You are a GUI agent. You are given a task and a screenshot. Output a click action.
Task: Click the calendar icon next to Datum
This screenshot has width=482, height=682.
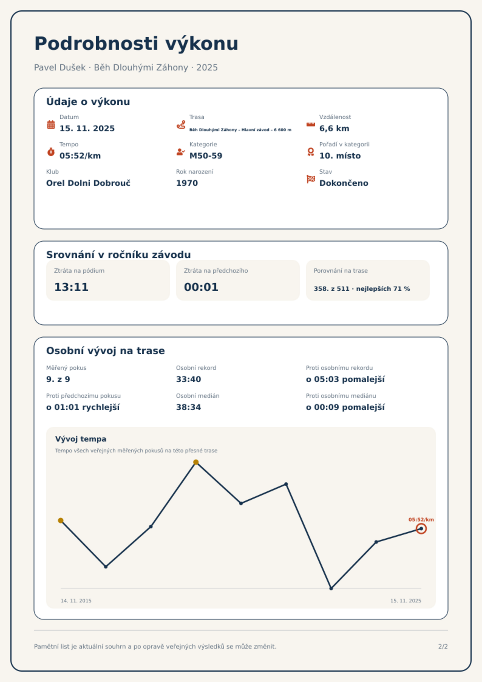pyautogui.click(x=51, y=124)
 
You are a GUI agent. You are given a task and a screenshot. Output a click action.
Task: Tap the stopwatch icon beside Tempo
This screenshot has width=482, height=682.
pyautogui.click(x=51, y=152)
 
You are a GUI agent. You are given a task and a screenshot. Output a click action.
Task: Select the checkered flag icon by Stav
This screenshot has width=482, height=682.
pyautogui.click(x=311, y=179)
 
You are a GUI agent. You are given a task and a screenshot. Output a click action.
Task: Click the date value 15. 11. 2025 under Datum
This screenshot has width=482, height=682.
pyautogui.click(x=87, y=128)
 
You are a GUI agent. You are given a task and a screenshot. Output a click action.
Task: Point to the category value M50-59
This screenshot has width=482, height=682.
pyautogui.click(x=206, y=156)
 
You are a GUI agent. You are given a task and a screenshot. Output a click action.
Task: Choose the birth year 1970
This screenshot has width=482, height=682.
pyautogui.click(x=187, y=183)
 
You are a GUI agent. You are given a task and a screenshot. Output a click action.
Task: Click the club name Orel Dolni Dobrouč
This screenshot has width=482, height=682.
pyautogui.click(x=88, y=183)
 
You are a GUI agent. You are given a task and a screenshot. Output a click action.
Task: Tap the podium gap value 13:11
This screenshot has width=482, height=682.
pyautogui.click(x=71, y=287)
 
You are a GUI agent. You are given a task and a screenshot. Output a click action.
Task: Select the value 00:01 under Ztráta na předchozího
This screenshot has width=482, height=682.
pyautogui.click(x=201, y=287)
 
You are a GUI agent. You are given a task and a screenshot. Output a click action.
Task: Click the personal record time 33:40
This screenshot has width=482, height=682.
pyautogui.click(x=188, y=379)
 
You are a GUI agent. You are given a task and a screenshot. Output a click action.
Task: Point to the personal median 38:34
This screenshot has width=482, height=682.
pyautogui.click(x=188, y=407)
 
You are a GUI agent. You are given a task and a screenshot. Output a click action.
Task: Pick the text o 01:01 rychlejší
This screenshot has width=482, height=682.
pyautogui.click(x=83, y=407)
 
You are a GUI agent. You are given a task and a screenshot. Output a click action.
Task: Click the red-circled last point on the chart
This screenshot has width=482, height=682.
pyautogui.click(x=421, y=529)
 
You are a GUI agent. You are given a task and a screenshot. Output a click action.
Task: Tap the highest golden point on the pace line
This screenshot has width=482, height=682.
pyautogui.click(x=196, y=462)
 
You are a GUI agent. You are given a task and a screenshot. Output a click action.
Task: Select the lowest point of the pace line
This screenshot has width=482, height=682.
pyautogui.click(x=331, y=588)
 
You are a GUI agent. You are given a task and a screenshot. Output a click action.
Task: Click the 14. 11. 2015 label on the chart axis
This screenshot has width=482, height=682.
pyautogui.click(x=76, y=601)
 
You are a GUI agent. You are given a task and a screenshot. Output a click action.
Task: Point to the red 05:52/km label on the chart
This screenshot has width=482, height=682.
pyautogui.click(x=421, y=520)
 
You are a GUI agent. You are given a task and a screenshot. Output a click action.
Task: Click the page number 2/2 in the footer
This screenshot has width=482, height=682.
pyautogui.click(x=443, y=646)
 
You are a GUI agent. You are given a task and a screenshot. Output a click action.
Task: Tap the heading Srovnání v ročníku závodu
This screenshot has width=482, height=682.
pyautogui.click(x=118, y=255)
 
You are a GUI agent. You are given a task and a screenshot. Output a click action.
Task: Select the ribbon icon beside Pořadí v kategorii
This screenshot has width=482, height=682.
pyautogui.click(x=311, y=152)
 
